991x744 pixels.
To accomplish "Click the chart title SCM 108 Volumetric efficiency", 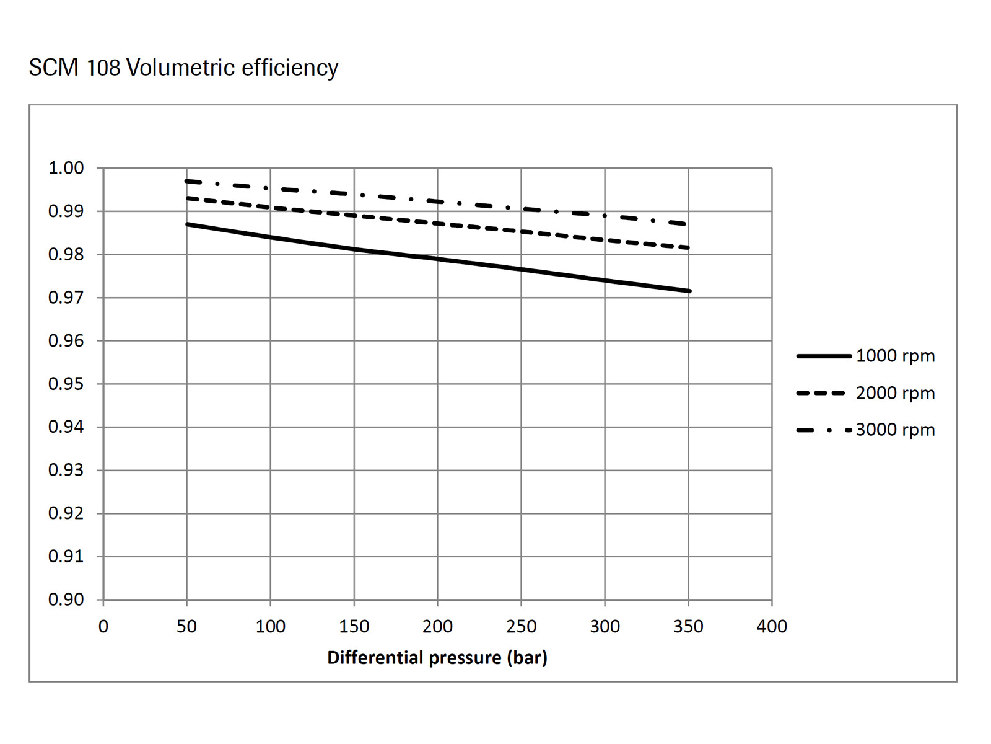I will click(x=183, y=68).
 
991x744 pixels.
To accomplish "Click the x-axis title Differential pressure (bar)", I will click(x=437, y=657).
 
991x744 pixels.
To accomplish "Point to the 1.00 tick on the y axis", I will click(x=66, y=168).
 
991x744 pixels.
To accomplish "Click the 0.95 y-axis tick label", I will click(x=66, y=384).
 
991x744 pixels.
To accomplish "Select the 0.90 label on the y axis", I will click(x=66, y=600).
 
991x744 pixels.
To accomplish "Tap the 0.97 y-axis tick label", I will click(x=66, y=298).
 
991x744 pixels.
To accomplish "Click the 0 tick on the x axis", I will click(x=103, y=626).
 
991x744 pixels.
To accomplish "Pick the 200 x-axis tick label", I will click(x=437, y=626).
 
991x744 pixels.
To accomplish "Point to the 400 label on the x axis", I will click(x=772, y=626).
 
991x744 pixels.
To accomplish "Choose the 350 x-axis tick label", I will click(x=688, y=626).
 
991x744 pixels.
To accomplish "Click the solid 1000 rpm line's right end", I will click(x=689, y=291).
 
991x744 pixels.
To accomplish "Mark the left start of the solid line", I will click(x=187, y=224).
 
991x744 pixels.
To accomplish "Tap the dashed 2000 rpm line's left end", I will click(x=187, y=198).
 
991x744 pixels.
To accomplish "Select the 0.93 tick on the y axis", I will click(x=66, y=470).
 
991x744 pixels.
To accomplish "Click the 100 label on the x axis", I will click(x=271, y=626).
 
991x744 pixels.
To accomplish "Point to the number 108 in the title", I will click(x=103, y=68).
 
